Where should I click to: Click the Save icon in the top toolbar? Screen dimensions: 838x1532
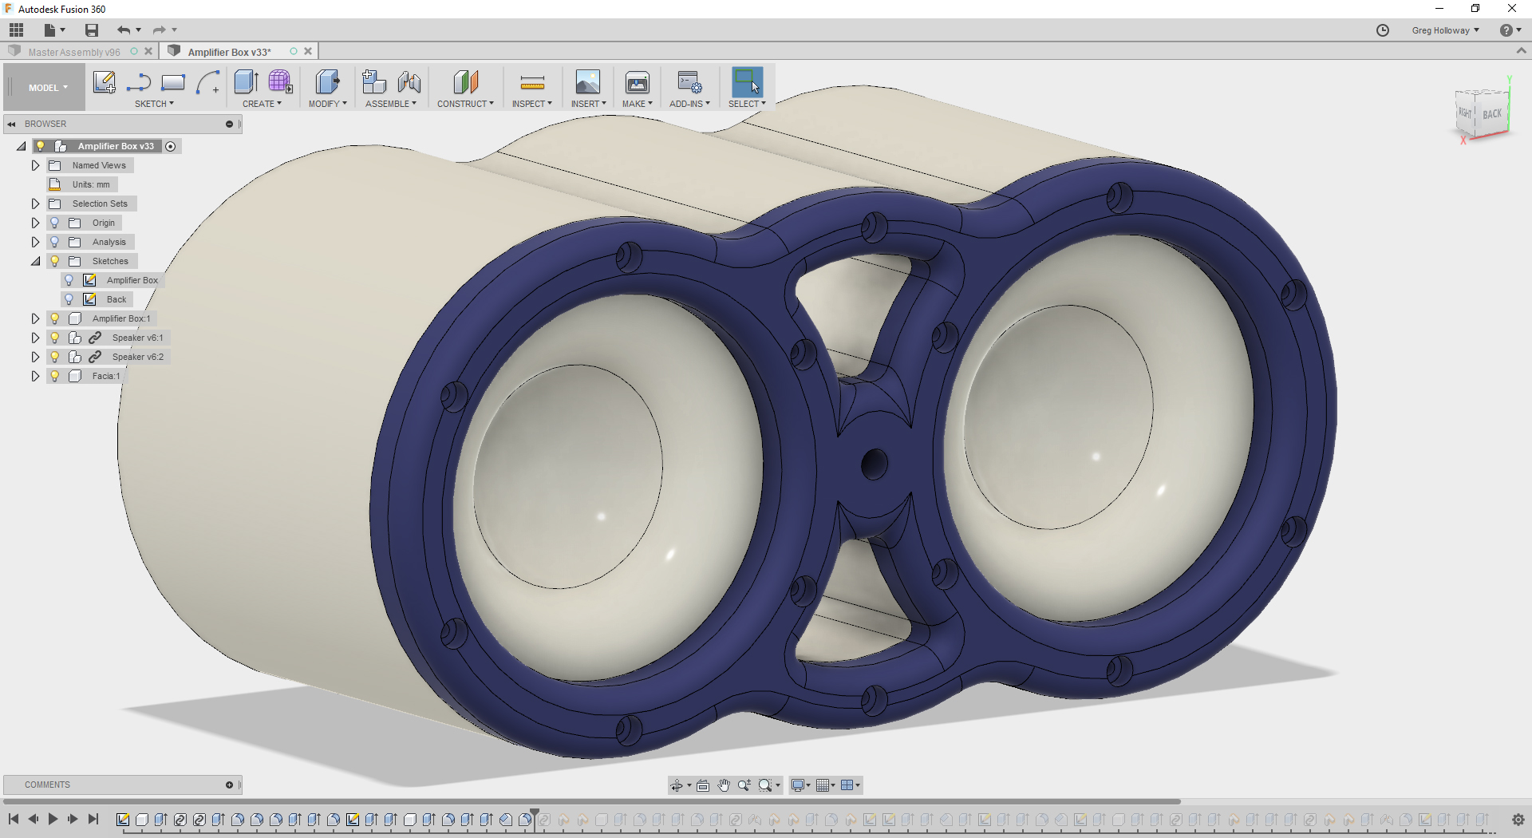click(x=92, y=30)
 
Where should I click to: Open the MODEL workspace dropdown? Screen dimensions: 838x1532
click(x=48, y=88)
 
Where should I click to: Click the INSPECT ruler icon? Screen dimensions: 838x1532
click(x=532, y=83)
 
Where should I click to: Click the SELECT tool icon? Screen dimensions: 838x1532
click(x=747, y=82)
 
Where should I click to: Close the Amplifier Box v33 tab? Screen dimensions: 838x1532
click(x=308, y=52)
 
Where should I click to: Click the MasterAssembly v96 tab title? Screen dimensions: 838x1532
click(x=73, y=52)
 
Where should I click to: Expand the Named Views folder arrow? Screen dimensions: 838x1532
click(x=35, y=165)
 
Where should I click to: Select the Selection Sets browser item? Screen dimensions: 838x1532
click(x=100, y=204)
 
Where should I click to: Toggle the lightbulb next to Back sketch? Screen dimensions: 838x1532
click(x=69, y=299)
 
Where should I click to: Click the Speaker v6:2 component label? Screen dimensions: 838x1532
click(x=137, y=357)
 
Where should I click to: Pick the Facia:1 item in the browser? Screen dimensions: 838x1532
click(x=105, y=376)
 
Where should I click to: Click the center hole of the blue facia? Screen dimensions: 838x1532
click(x=875, y=464)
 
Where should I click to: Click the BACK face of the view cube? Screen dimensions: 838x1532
click(x=1492, y=114)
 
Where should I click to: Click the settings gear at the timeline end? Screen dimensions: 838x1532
click(x=1518, y=820)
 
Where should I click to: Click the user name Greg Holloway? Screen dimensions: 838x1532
click(x=1440, y=30)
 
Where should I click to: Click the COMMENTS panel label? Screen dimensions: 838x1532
click(x=47, y=785)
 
